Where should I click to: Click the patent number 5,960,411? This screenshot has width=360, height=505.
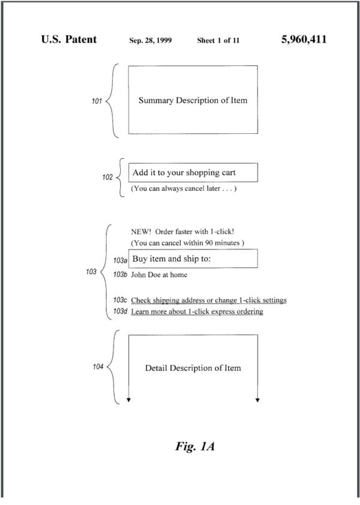tap(304, 40)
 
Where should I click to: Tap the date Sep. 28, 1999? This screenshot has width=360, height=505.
tap(151, 40)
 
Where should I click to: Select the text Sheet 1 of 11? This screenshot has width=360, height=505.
tap(218, 40)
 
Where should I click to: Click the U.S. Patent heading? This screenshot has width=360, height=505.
tap(69, 40)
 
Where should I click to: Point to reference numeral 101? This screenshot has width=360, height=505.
tap(97, 101)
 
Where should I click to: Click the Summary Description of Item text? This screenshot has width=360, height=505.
tap(193, 100)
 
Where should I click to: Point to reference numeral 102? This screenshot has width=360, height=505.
tap(107, 177)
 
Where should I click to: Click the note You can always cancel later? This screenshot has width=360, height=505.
tap(184, 188)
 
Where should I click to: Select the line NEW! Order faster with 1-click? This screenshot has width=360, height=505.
tap(182, 232)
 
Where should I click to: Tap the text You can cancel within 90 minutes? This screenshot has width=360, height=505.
tap(188, 243)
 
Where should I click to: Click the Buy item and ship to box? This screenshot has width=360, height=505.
tap(193, 258)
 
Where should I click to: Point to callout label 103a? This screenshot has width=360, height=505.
tap(120, 260)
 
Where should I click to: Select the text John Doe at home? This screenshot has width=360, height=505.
tap(159, 275)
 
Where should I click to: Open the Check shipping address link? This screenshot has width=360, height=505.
tap(209, 300)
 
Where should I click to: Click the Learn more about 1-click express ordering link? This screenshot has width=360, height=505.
tap(197, 311)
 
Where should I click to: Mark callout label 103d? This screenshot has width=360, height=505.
tap(120, 311)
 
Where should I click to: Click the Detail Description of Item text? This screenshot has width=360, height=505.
tap(193, 368)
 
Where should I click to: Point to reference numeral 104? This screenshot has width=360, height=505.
tap(98, 366)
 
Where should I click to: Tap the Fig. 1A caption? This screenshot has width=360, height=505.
tap(195, 446)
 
